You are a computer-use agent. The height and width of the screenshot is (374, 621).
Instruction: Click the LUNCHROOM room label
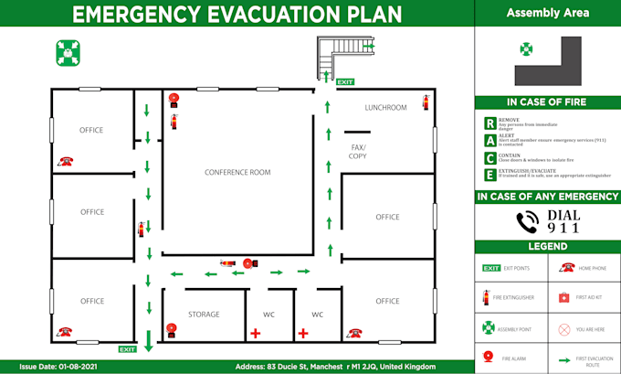pos(385,108)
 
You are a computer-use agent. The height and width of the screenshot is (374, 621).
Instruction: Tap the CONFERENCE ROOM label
pos(237,172)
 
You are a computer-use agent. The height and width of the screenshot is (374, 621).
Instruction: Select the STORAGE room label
pos(204,315)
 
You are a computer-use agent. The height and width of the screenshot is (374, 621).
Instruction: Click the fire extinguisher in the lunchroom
pos(426,102)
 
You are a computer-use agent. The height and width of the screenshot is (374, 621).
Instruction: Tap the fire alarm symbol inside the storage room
pos(171,329)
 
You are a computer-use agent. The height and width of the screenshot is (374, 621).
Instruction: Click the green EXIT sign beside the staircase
pos(344,82)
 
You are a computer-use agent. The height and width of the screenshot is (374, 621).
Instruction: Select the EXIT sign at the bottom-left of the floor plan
pos(127,348)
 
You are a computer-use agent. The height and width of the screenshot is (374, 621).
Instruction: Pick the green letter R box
pos(490,123)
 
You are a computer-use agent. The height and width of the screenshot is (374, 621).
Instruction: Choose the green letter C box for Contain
pos(490,157)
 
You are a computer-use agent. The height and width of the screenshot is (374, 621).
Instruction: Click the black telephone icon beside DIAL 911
pos(527,222)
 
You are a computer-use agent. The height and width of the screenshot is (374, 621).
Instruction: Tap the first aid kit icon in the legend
pos(563,298)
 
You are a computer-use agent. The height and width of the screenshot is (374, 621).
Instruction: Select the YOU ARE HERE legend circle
pos(563,327)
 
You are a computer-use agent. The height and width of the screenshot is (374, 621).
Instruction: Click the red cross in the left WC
pos(255,334)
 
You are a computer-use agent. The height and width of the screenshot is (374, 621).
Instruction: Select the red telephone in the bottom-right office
pos(352,331)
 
